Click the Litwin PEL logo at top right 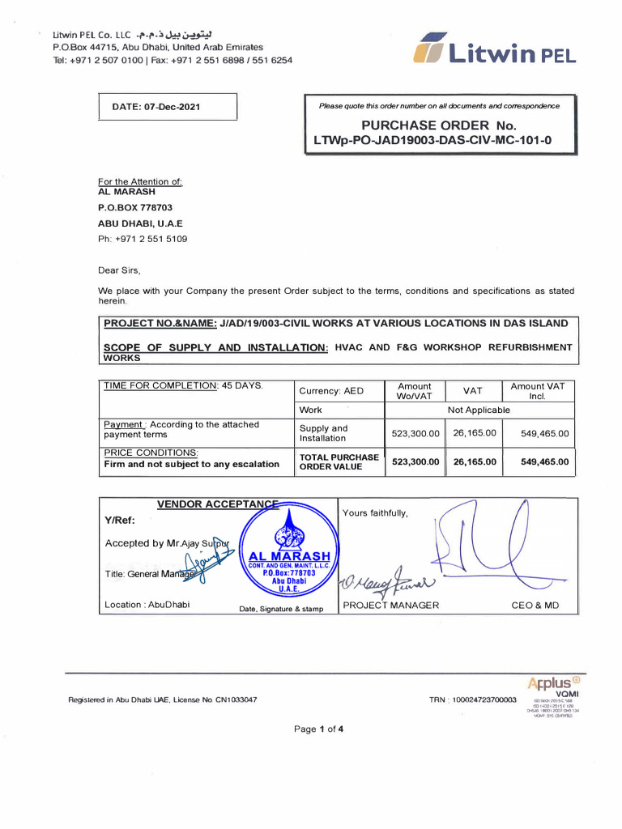coord(494,51)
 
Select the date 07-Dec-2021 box coord(168,107)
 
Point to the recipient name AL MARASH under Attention coord(126,193)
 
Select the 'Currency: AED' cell coord(332,391)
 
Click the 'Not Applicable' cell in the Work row coord(479,410)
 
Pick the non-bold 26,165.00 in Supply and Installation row coord(473,433)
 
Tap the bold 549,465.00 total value coord(544,462)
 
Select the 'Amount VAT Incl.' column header coord(537,391)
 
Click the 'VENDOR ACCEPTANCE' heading coord(216,504)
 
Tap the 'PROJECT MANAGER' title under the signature coord(390,605)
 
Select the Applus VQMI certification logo coord(552,692)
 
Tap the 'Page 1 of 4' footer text coord(319,729)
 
